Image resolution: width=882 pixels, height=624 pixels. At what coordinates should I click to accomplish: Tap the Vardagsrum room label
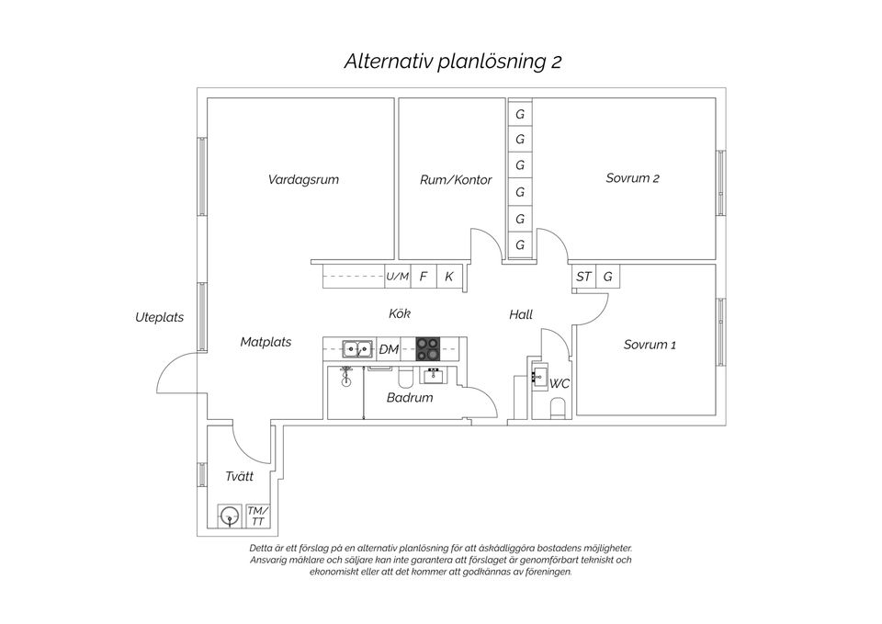[303, 179]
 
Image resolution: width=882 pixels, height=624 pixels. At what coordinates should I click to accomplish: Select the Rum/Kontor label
[456, 180]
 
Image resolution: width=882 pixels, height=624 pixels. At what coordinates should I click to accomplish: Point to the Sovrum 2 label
[632, 178]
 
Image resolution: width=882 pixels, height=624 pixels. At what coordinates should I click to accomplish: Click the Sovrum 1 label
[650, 345]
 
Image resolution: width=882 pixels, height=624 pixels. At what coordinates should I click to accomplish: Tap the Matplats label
[266, 342]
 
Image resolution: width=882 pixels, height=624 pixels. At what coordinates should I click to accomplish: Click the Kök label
[400, 314]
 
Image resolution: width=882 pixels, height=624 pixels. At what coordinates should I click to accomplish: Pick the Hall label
[521, 314]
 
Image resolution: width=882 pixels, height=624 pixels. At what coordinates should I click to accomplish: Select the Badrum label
[409, 398]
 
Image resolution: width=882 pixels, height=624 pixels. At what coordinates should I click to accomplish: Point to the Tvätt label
[239, 476]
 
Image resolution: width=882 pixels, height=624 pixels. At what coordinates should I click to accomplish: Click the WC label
[560, 383]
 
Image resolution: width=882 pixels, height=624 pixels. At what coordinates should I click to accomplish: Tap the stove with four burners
[428, 348]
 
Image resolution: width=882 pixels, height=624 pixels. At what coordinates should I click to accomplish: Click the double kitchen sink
[356, 348]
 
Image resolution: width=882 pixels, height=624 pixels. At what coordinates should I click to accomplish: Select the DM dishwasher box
[390, 349]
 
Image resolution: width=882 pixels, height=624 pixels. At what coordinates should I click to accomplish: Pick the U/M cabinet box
[397, 276]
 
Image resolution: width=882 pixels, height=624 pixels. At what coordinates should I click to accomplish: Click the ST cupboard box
[583, 276]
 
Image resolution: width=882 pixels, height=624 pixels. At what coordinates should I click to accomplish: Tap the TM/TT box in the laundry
[257, 516]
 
